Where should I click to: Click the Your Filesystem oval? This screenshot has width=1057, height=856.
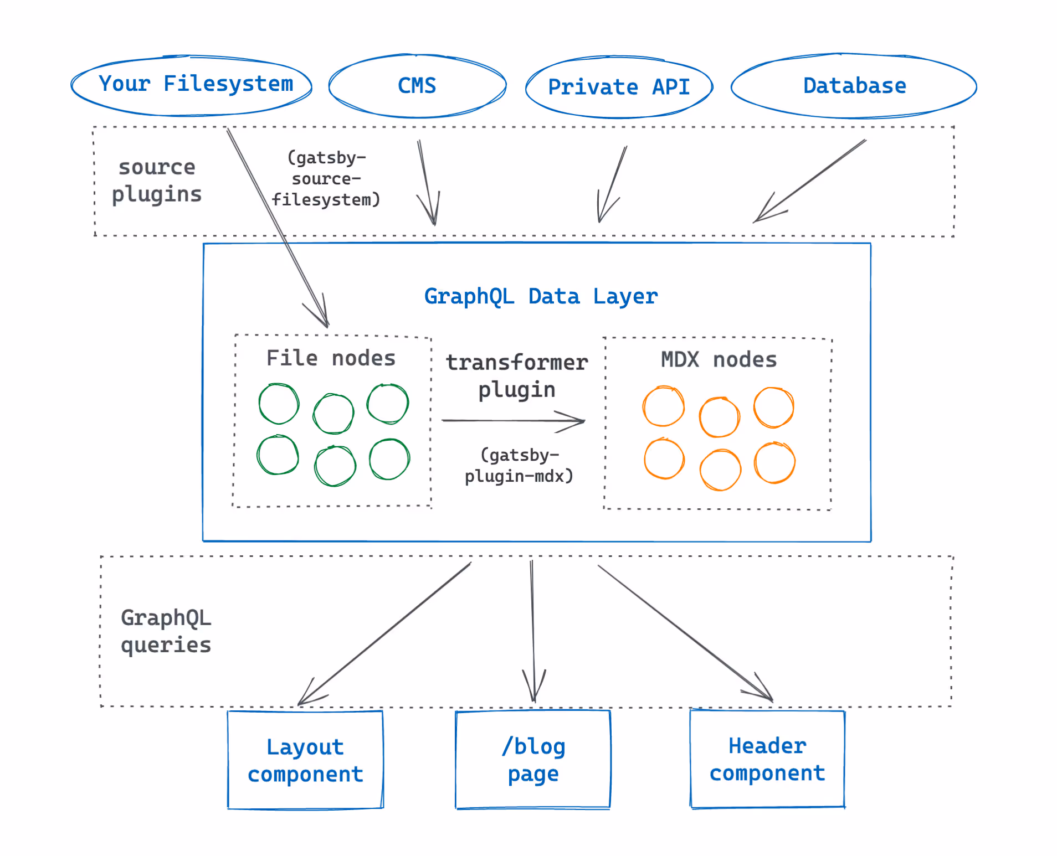click(191, 86)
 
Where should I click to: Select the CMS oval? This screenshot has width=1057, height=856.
click(417, 86)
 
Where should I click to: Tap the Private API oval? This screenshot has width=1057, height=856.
click(619, 87)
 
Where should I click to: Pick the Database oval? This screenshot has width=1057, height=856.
click(854, 86)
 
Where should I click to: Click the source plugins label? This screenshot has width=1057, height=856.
click(157, 181)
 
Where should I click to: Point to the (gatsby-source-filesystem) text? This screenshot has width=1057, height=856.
click(326, 178)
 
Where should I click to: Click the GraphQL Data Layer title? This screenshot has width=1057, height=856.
click(541, 296)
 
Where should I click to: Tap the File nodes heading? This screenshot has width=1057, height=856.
click(331, 358)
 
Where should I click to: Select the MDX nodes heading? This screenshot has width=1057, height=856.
click(719, 360)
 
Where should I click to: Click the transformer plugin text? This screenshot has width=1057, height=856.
click(516, 375)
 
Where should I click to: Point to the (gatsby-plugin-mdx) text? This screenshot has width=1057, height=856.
click(519, 466)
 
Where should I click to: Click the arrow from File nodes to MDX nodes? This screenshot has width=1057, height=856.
click(512, 421)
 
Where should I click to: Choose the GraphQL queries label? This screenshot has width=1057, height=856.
click(166, 631)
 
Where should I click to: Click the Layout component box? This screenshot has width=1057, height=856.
click(305, 760)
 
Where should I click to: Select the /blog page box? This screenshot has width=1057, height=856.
click(533, 760)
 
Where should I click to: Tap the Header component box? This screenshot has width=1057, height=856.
click(767, 759)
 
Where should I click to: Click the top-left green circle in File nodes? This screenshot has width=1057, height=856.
click(279, 404)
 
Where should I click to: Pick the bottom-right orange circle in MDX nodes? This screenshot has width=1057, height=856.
click(774, 463)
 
